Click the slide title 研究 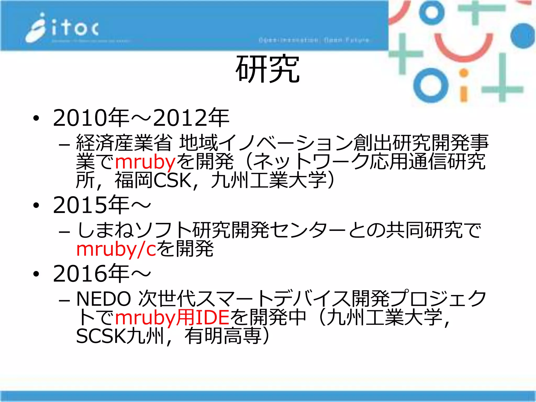[267, 70]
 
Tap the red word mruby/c [116, 249]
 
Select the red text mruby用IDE [172, 317]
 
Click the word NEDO [104, 299]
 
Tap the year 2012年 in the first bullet [191, 118]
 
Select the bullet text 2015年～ [102, 205]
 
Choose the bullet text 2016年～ [102, 273]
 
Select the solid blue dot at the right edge [522, 36]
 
